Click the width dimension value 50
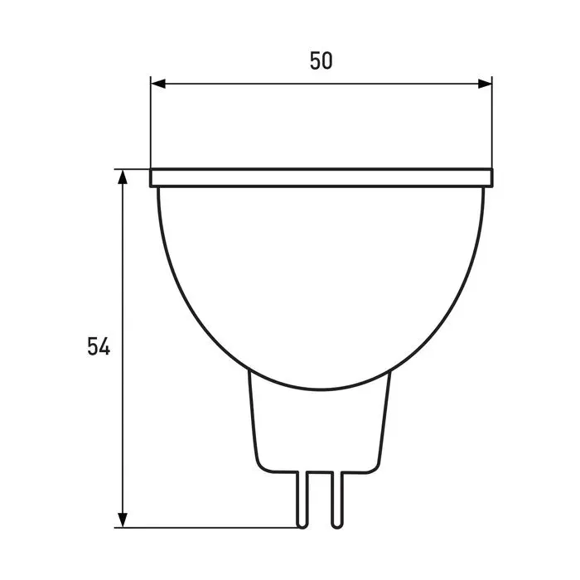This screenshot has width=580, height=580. (321, 61)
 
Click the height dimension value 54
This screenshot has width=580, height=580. (99, 346)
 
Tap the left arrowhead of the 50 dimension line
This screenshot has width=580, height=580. (158, 84)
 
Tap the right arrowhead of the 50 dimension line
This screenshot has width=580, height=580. (485, 84)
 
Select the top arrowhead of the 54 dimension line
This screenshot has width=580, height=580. (123, 176)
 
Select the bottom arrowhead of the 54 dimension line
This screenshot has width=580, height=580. (123, 520)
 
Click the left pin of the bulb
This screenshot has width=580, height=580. (302, 500)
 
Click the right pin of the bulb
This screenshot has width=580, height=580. (336, 500)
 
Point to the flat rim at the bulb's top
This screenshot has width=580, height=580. (321, 178)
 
